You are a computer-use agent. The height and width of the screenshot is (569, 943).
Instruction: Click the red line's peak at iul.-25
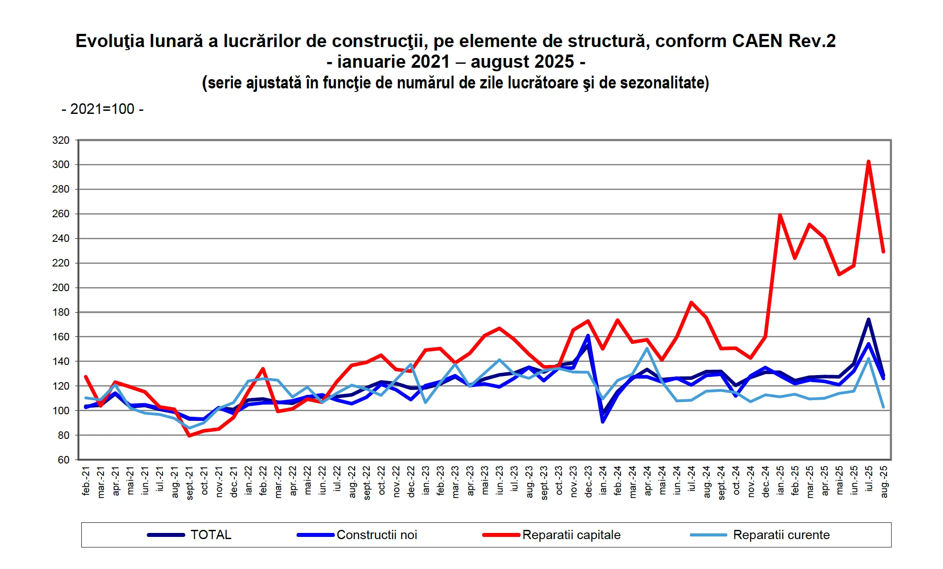point(868,162)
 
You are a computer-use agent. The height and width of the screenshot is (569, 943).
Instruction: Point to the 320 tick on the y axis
point(61,140)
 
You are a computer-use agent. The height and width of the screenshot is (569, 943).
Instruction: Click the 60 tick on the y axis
point(63,460)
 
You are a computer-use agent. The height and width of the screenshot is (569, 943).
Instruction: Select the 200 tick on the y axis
point(61,288)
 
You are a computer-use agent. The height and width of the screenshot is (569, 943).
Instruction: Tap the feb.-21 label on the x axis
point(86,481)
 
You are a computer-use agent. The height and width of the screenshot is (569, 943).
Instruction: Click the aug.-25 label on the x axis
point(884,482)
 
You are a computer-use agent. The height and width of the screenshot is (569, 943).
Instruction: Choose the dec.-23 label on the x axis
point(588,482)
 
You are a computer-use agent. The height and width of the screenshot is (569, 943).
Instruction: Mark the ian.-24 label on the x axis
point(603,481)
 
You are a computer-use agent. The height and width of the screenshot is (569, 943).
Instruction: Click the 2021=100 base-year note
point(102,109)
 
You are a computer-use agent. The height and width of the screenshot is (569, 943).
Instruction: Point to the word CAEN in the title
point(757,41)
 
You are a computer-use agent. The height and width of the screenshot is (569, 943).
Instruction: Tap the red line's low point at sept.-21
point(189,435)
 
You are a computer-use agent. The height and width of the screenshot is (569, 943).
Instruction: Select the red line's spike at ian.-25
point(780,215)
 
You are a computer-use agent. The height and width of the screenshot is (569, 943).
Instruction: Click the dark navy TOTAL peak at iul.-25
point(868,320)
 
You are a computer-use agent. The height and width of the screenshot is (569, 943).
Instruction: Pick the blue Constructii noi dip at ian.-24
point(603,421)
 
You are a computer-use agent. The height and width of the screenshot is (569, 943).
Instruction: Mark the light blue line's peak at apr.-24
point(647,349)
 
